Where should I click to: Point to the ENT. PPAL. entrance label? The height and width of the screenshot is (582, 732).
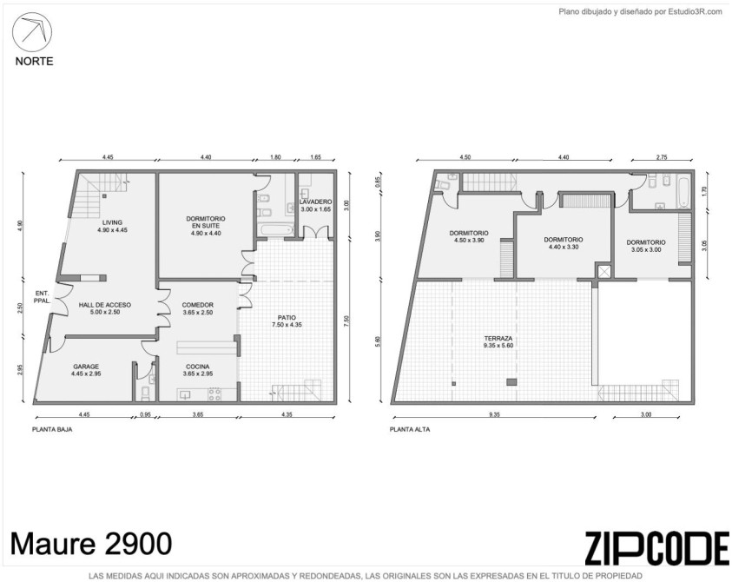click(x=42, y=297)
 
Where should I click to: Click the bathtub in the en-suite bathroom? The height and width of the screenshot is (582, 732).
click(x=275, y=230)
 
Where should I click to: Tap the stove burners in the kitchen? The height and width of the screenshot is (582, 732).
click(x=214, y=394)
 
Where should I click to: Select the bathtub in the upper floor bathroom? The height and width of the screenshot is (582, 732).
click(x=683, y=191)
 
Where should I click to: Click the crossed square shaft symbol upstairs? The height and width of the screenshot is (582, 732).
click(x=604, y=271)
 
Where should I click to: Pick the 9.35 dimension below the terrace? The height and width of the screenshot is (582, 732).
click(x=494, y=414)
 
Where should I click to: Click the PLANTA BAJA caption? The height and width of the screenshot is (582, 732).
click(x=52, y=429)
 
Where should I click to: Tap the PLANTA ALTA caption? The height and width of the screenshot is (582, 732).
click(x=410, y=429)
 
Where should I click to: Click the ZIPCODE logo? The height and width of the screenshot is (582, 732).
click(x=656, y=548)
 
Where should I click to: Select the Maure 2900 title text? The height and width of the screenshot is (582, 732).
click(x=91, y=544)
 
